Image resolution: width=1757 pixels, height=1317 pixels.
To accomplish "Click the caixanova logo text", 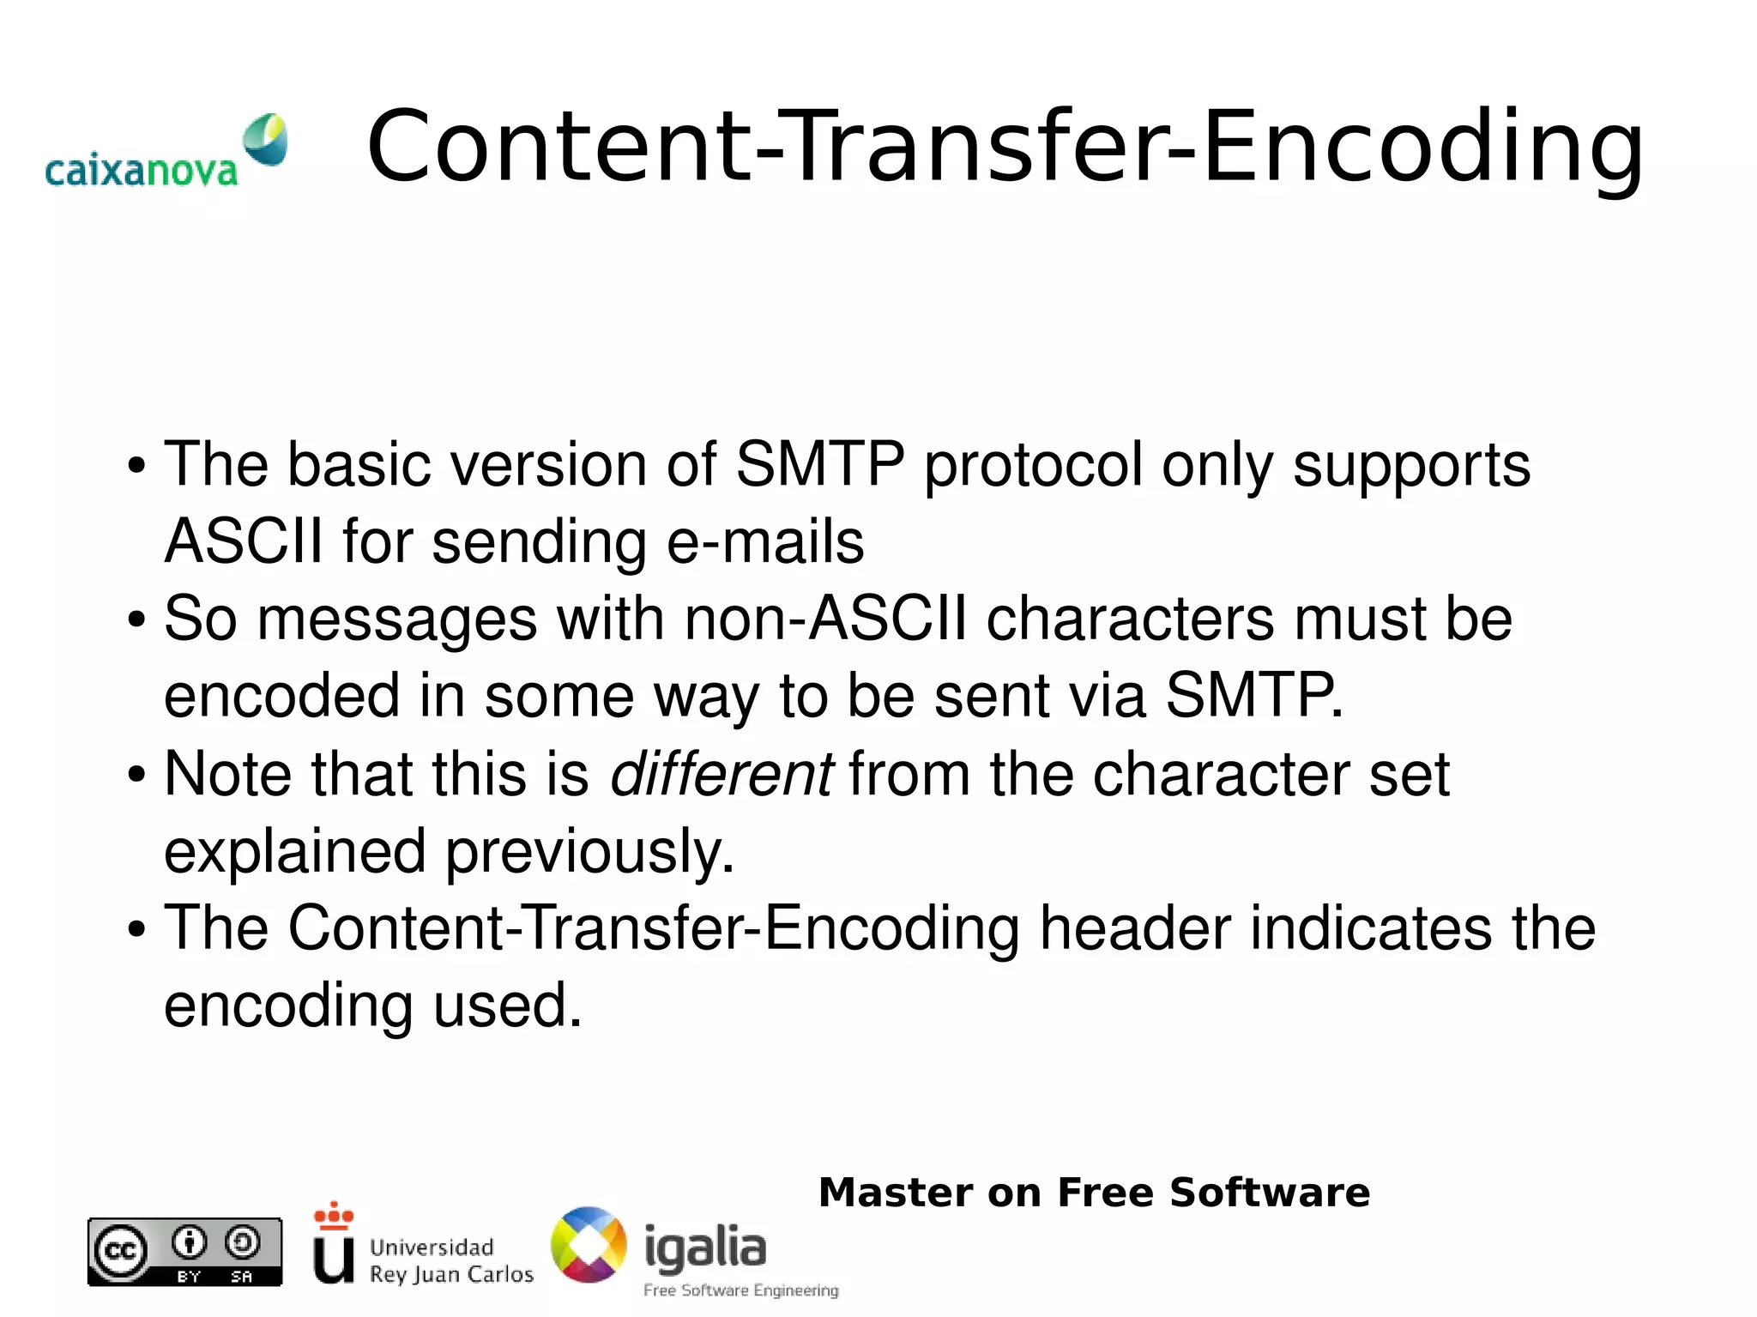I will coord(141,171).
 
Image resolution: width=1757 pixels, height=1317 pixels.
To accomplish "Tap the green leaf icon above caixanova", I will coord(265,139).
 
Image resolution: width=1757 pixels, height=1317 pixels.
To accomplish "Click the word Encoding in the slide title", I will coord(1422,148).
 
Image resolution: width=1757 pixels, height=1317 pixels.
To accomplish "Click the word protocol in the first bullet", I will coord(1033,464).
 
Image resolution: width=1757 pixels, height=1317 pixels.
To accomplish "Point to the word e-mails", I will coord(765,542).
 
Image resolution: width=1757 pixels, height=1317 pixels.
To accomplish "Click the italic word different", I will coord(721,774).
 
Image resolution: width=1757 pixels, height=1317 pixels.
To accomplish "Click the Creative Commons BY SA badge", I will coord(184,1252).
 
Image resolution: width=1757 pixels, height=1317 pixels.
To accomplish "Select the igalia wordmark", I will coord(704,1248).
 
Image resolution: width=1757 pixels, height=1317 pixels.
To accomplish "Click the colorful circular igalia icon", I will coord(589,1245).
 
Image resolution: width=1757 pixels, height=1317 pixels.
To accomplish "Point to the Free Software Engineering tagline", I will coord(740,1290).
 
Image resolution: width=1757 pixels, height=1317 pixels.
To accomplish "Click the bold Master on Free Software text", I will coord(1094,1193).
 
